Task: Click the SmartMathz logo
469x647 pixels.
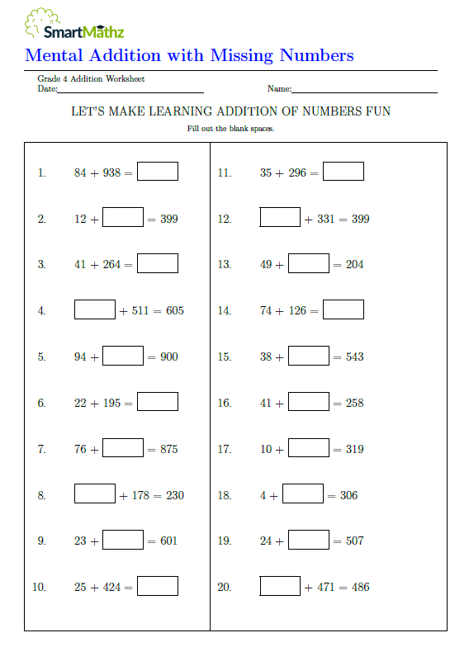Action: click(x=74, y=25)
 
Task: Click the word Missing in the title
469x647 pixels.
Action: click(x=242, y=56)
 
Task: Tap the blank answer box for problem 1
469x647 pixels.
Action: click(x=158, y=172)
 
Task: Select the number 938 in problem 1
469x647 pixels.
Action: click(x=111, y=173)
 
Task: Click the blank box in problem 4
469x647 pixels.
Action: click(x=94, y=310)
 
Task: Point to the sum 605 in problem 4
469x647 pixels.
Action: click(x=174, y=311)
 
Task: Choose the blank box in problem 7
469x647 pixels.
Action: click(x=123, y=448)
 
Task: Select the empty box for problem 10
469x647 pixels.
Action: click(x=158, y=586)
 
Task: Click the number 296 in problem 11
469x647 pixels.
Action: click(x=297, y=173)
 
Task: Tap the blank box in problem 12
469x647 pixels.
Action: click(x=280, y=218)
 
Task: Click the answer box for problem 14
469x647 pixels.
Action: click(x=343, y=309)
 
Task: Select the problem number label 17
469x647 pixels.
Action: click(x=224, y=450)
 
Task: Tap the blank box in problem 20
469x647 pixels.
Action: click(x=280, y=586)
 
